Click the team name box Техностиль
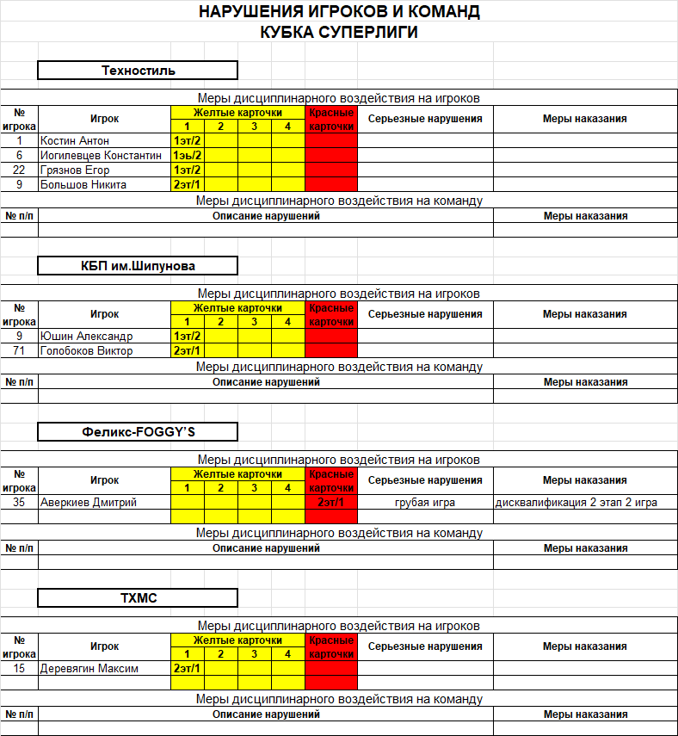point(138,71)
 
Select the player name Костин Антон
point(75,140)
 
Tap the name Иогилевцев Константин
point(101,155)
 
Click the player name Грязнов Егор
point(75,170)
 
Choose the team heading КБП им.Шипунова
point(138,265)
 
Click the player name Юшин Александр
point(87,336)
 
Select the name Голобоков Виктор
point(87,350)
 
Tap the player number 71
point(19,350)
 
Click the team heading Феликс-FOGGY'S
point(138,431)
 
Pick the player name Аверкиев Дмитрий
point(89,502)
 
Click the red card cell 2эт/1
point(331,502)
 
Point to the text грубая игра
point(425,502)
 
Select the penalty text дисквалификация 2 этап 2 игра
point(576,502)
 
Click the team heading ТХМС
point(138,597)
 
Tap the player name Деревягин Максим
point(89,668)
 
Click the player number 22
point(19,170)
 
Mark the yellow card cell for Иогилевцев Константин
point(187,155)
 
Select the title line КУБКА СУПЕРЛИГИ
point(339,33)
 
